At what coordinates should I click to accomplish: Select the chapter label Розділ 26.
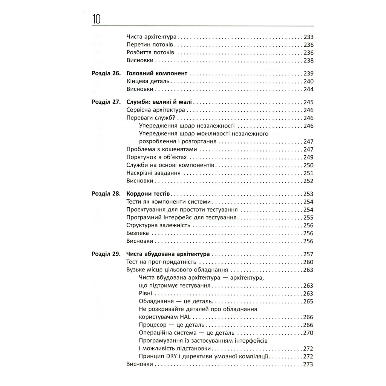(x=106, y=74)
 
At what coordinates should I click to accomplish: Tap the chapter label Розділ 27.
(x=106, y=102)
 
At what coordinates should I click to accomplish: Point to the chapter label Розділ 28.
(x=106, y=194)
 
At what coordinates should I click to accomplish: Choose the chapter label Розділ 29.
(x=106, y=254)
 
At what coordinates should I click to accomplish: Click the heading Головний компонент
(x=157, y=74)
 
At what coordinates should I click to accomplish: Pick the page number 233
(x=308, y=37)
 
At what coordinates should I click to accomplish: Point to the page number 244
(x=308, y=89)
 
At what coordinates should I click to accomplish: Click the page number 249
(x=308, y=157)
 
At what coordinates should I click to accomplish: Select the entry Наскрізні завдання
(x=153, y=173)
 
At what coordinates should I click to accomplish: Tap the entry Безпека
(x=138, y=233)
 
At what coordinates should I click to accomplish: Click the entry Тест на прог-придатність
(x=162, y=262)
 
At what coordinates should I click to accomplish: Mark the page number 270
(x=308, y=333)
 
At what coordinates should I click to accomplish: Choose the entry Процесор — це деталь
(x=172, y=325)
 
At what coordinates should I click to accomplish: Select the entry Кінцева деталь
(x=149, y=81)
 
